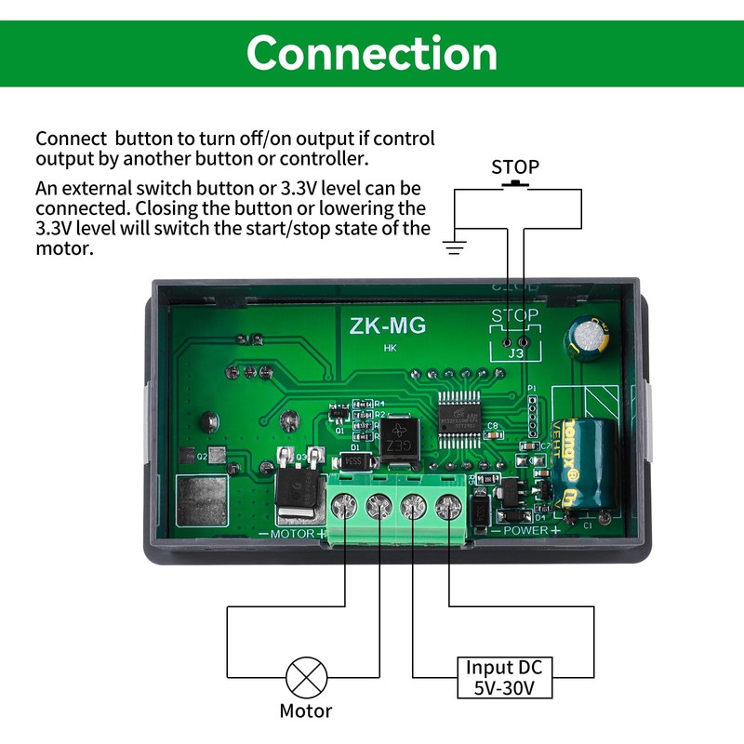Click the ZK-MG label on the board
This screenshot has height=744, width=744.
[388, 326]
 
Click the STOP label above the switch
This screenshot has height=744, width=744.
[514, 167]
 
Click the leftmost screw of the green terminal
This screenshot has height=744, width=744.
[345, 507]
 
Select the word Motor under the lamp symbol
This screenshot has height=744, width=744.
[306, 711]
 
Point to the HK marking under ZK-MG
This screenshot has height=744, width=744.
[390, 350]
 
